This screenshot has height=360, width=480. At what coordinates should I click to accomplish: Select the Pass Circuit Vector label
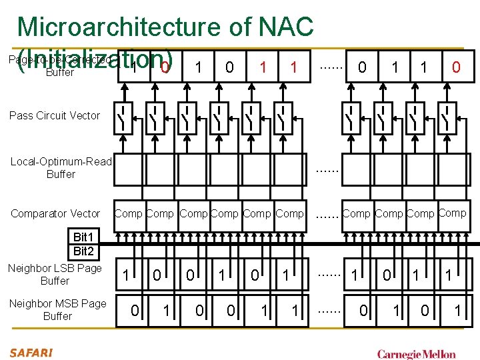click(x=55, y=115)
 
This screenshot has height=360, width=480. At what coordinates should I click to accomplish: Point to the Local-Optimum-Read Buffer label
click(x=61, y=167)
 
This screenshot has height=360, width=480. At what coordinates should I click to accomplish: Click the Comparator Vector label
click(x=55, y=213)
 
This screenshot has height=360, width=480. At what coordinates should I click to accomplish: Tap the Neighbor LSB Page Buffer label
click(x=55, y=274)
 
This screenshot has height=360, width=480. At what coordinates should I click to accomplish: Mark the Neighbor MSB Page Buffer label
click(x=57, y=309)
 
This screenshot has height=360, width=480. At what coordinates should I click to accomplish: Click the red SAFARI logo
click(x=31, y=352)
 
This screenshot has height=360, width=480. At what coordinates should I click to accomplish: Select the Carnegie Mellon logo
click(x=417, y=354)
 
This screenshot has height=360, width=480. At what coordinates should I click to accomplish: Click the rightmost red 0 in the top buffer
click(x=455, y=67)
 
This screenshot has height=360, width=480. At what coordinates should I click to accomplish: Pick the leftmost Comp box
click(x=129, y=214)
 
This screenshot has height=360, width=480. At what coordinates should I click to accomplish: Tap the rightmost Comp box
click(x=453, y=213)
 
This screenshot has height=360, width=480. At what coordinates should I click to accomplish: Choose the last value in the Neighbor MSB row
click(x=457, y=309)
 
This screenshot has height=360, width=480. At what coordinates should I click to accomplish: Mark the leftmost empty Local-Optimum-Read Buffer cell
click(x=129, y=169)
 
